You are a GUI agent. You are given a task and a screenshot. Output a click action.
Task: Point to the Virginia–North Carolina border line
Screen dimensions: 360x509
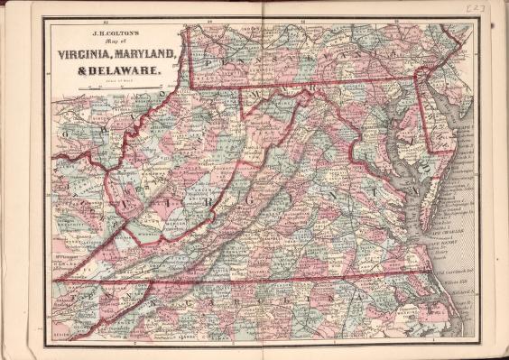298,276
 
